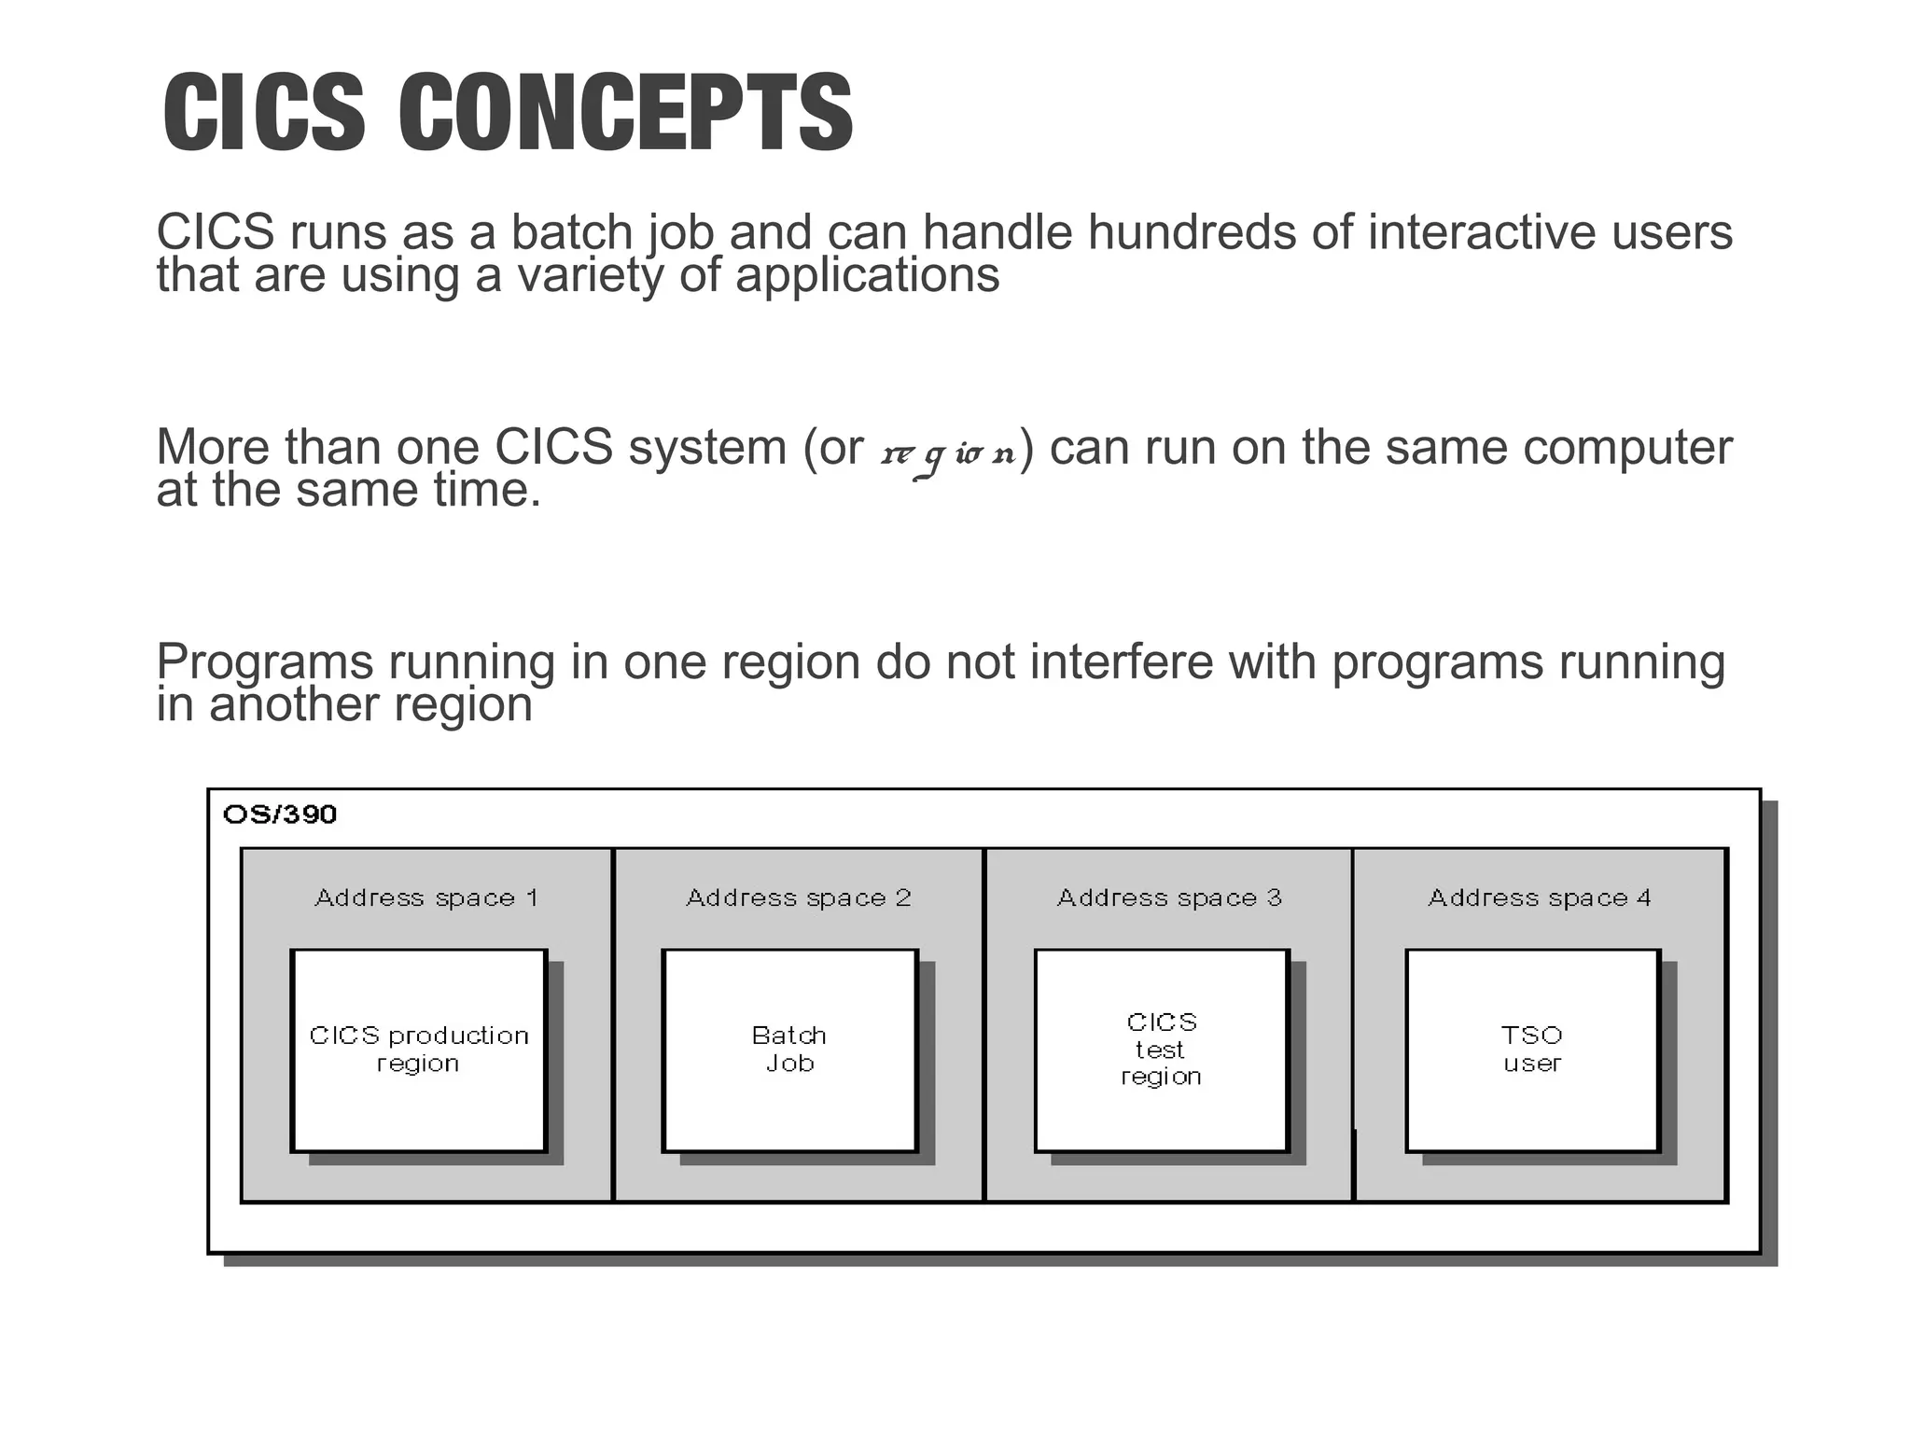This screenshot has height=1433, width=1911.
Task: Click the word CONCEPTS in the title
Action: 625,113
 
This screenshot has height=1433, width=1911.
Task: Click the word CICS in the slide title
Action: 264,113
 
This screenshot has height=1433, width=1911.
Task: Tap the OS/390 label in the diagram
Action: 280,814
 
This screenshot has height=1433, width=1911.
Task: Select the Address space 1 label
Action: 426,897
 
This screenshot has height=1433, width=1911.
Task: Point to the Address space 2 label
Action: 798,897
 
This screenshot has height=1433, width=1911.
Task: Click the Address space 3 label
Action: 1169,897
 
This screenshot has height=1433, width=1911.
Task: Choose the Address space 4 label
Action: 1540,897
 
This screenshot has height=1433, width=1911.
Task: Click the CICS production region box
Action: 418,1050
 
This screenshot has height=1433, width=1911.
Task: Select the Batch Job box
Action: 789,1050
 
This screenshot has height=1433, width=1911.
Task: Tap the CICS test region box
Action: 1162,1050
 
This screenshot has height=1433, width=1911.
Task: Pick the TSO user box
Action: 1532,1050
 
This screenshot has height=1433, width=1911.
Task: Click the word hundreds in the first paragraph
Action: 1191,231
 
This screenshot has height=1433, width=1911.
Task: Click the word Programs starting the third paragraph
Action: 264,663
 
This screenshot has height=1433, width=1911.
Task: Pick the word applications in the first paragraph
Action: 867,276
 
